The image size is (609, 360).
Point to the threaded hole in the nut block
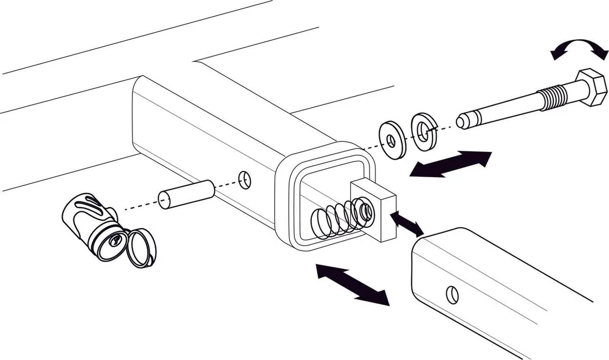[364, 209]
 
